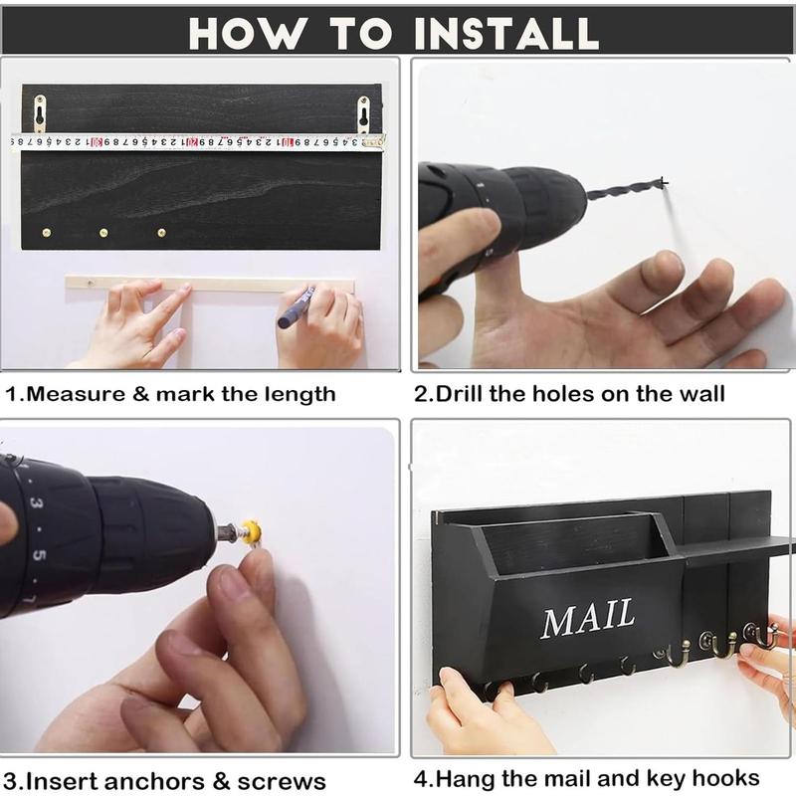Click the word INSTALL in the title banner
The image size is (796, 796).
tap(506, 34)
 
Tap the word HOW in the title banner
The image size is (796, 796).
tap(248, 34)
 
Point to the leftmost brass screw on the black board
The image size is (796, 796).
tap(46, 233)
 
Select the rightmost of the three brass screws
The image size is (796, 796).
tap(162, 233)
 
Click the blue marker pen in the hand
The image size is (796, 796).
tap(296, 307)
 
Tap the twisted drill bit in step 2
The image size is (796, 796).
tap(627, 189)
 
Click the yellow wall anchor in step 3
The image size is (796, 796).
tap(252, 531)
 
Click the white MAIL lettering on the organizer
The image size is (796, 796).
tap(588, 618)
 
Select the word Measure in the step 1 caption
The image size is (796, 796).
tap(76, 394)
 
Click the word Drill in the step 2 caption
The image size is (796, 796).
tap(460, 394)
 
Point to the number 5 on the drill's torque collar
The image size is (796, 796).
tap(39, 555)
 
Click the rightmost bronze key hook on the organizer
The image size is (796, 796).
tap(760, 636)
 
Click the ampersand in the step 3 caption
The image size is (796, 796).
tap(221, 781)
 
